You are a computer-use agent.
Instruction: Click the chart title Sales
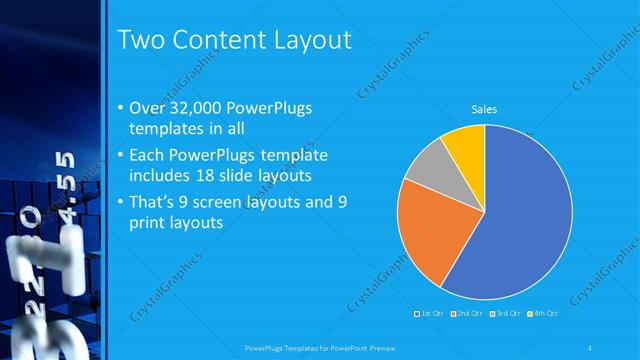pos(484,110)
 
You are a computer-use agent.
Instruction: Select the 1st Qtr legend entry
pos(432,313)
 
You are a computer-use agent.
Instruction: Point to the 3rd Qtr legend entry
pos(506,313)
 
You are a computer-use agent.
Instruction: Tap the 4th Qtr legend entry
pos(543,313)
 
